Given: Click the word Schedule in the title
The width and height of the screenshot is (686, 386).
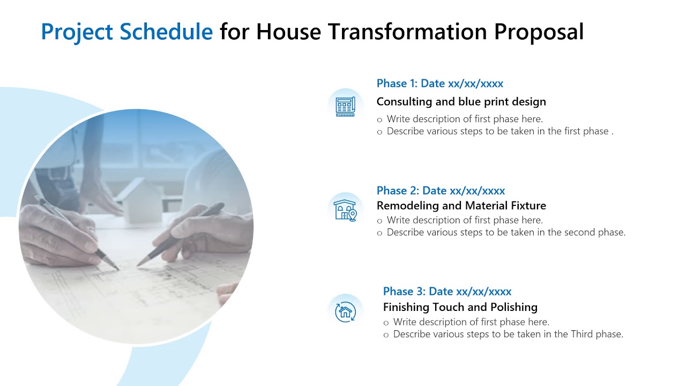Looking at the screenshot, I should tap(166, 32).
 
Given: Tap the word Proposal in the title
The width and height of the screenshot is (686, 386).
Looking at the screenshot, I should tap(539, 32).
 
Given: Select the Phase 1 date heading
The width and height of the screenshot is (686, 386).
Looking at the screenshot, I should tap(439, 84).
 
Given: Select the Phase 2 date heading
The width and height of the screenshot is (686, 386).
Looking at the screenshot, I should tap(441, 191).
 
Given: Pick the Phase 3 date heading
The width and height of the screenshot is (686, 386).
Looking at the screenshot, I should tap(447, 292).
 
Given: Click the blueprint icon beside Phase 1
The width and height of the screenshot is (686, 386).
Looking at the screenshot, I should tap(345, 106).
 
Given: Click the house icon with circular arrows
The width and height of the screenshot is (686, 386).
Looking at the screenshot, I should tap(345, 311).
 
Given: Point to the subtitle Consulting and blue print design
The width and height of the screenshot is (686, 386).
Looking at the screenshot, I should tap(461, 102).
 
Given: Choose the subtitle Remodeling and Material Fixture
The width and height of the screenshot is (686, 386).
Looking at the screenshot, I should tap(461, 206).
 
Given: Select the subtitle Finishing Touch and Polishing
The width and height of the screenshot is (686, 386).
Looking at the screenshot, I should tap(460, 307).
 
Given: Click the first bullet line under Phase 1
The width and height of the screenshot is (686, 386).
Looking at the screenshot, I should tap(464, 119).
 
